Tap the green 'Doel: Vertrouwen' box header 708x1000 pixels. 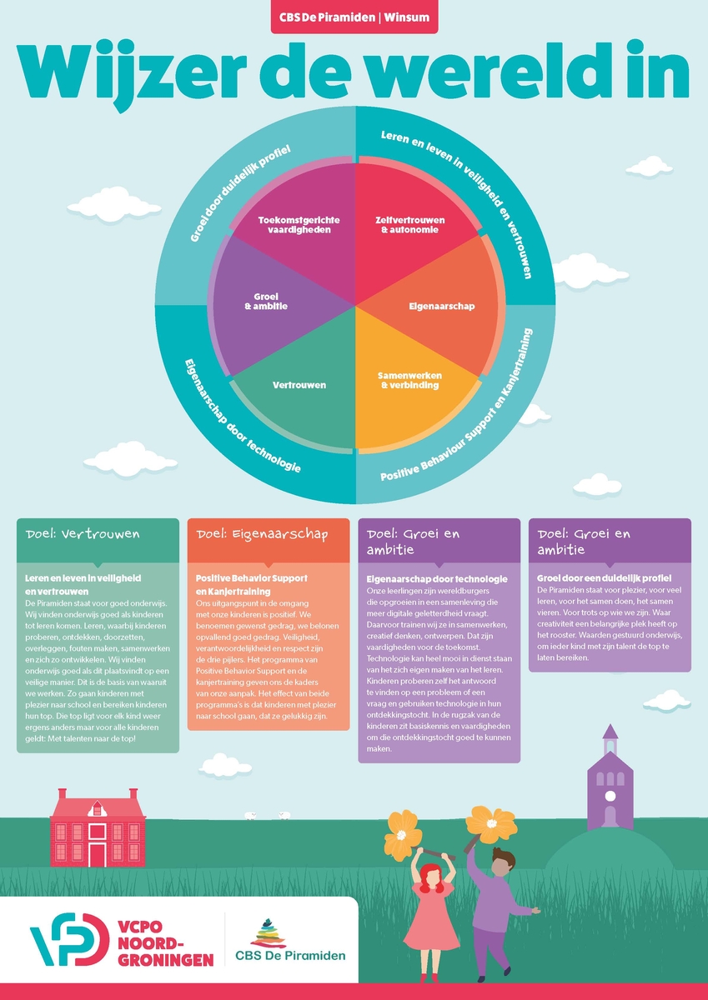pos(98,534)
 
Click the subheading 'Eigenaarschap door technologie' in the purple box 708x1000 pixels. pos(437,579)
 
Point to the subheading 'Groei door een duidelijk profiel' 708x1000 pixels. pos(604,577)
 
